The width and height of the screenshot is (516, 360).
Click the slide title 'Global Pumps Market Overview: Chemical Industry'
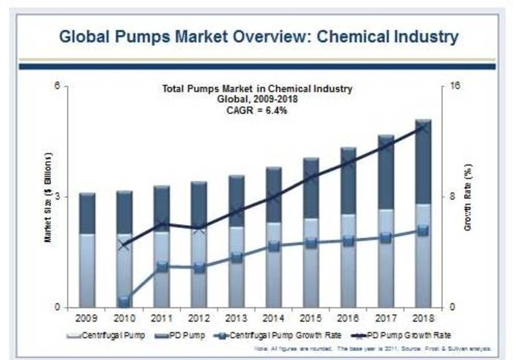point(258,37)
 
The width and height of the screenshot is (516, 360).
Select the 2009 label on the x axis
point(87,318)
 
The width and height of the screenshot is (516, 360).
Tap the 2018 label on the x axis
point(423,318)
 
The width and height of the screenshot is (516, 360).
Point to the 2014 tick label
point(274,318)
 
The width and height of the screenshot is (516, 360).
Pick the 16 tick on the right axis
point(455,86)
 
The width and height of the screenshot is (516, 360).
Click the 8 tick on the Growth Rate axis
point(452,197)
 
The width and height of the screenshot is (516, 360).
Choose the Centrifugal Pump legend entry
point(106,335)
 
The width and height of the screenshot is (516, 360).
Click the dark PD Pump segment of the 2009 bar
point(87,213)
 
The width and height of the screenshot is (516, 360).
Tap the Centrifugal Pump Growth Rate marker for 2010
point(125,299)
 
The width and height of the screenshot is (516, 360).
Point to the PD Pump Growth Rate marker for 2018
point(423,127)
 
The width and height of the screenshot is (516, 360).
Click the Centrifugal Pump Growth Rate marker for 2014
point(274,246)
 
